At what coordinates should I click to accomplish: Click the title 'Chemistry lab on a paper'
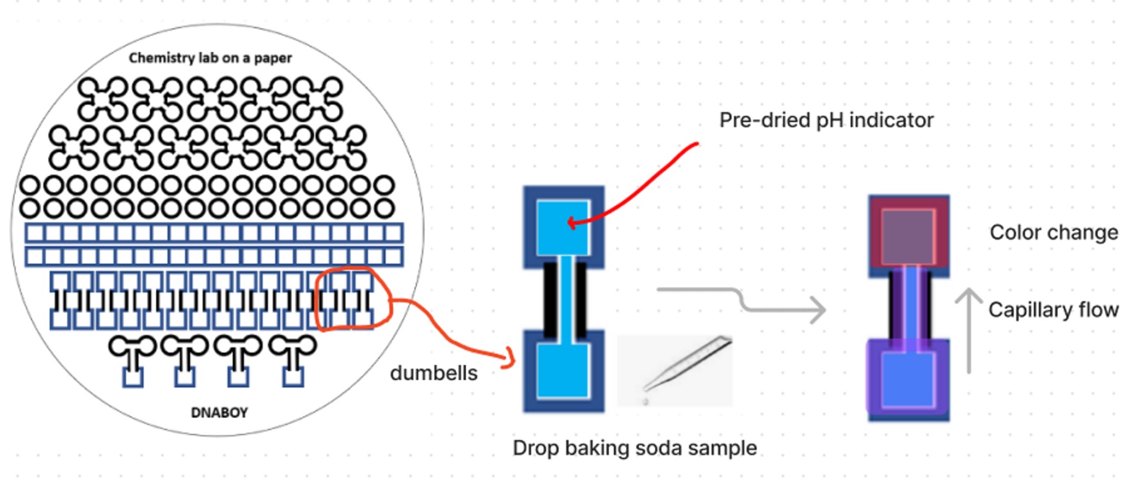click(210, 58)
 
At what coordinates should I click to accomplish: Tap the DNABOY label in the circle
click(219, 412)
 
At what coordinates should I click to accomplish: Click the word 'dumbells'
click(434, 373)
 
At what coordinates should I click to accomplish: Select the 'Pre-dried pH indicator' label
click(826, 120)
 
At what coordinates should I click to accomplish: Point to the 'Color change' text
click(1054, 232)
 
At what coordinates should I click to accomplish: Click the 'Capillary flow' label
click(1053, 310)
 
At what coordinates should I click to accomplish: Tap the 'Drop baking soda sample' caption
click(635, 448)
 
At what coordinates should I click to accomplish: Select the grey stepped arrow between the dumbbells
click(742, 301)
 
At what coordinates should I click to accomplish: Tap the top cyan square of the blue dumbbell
click(563, 227)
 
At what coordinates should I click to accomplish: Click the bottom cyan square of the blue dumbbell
click(563, 371)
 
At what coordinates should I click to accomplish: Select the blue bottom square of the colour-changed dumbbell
click(908, 379)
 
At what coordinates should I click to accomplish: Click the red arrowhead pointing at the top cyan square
click(571, 223)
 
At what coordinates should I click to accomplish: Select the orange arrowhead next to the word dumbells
click(510, 358)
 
